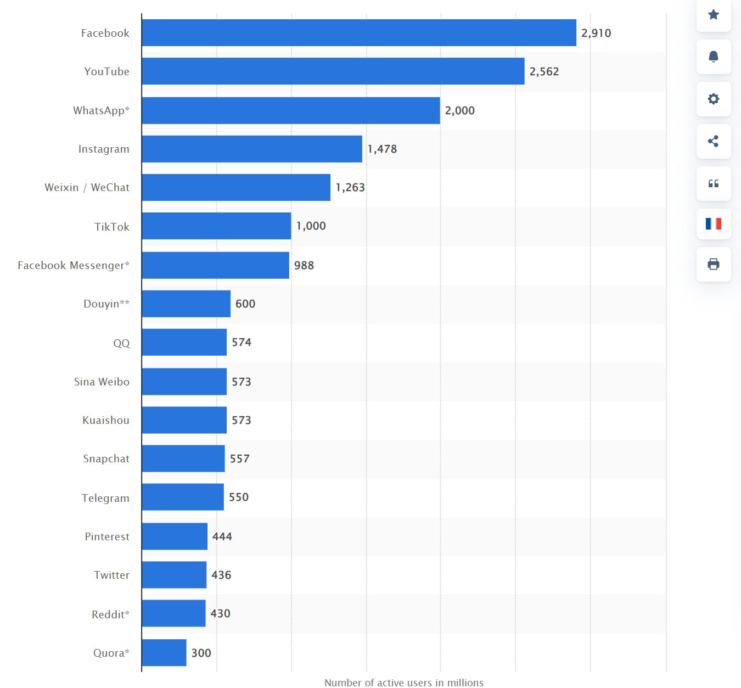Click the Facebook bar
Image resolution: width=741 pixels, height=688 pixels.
[359, 33]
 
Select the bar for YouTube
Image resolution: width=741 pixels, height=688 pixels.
[333, 71]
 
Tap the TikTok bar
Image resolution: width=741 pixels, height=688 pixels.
[216, 226]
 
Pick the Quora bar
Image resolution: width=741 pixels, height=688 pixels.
[164, 653]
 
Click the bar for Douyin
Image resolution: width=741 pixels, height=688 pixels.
[186, 304]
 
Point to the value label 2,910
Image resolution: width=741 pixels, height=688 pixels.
[596, 33]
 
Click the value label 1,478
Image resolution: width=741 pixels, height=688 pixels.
[382, 149]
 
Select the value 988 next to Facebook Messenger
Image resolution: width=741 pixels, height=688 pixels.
[304, 265]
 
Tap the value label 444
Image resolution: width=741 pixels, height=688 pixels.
[222, 536]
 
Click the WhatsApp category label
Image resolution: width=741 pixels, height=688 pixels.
[101, 110]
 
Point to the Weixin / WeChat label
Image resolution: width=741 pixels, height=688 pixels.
[87, 187]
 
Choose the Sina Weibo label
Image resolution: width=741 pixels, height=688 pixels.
[102, 382]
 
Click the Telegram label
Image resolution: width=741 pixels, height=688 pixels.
[105, 498]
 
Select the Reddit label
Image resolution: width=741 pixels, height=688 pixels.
[110, 614]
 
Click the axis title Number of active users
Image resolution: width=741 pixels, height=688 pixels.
[404, 683]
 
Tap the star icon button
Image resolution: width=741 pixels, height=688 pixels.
[714, 15]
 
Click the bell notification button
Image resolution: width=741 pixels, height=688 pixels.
[714, 57]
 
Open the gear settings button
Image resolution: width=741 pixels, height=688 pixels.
[714, 99]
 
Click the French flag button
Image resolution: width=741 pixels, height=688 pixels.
[714, 223]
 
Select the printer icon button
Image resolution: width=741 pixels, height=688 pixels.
[714, 264]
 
